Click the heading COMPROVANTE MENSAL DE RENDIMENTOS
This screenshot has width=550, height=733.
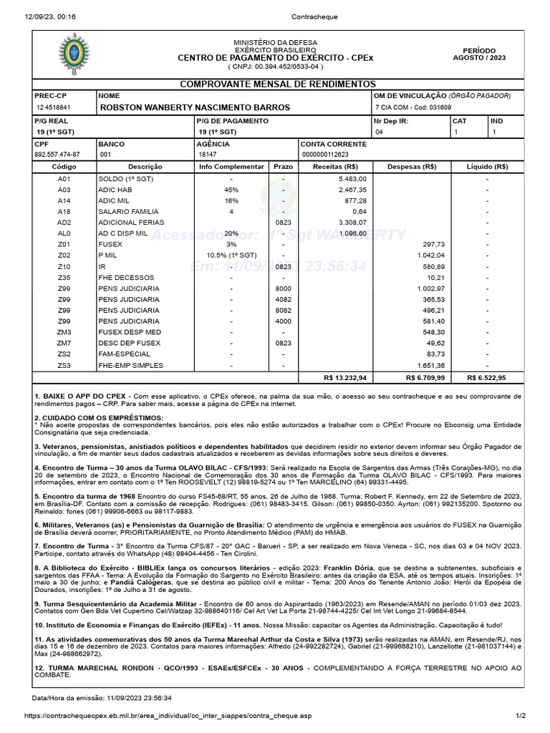tap(276, 84)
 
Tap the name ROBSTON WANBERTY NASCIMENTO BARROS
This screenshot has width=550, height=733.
tap(194, 107)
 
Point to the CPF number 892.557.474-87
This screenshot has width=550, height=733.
tap(57, 155)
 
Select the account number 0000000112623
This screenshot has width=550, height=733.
tap(326, 155)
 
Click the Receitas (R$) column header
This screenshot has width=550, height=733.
tap(335, 167)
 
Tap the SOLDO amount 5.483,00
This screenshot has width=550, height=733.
tap(352, 178)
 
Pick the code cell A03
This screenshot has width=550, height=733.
tap(64, 190)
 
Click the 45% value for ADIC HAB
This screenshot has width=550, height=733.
tap(231, 190)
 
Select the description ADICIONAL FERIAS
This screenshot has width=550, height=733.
tap(129, 223)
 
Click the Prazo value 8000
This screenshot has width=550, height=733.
tap(284, 288)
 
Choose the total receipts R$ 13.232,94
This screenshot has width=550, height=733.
tap(345, 377)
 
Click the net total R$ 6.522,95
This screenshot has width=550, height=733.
tap(486, 377)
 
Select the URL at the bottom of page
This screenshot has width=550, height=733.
tap(168, 715)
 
